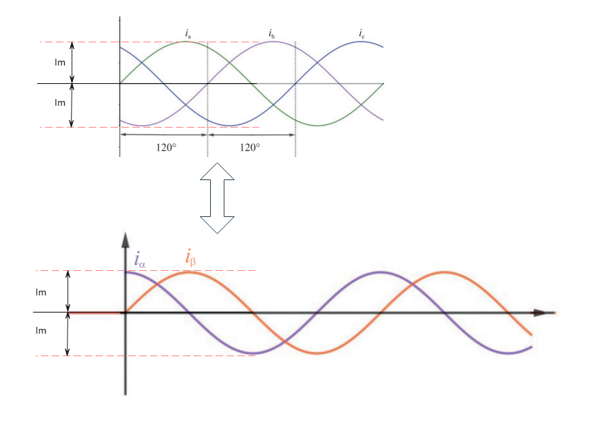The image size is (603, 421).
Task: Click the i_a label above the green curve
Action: (x=188, y=33)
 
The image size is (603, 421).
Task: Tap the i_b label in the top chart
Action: (x=271, y=33)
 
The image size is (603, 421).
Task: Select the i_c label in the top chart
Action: (x=362, y=33)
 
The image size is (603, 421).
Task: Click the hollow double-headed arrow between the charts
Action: (x=217, y=198)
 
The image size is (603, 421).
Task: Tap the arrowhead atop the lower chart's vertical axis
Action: (x=126, y=239)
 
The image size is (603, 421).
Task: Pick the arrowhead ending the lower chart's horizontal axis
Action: (x=540, y=313)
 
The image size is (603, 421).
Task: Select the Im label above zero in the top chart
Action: (x=60, y=63)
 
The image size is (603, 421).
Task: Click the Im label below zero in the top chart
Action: (x=60, y=103)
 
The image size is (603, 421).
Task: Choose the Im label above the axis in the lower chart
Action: (x=41, y=292)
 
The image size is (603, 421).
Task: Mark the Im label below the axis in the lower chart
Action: (x=41, y=331)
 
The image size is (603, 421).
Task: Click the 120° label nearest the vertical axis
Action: (x=163, y=147)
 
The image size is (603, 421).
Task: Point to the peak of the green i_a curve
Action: (x=186, y=42)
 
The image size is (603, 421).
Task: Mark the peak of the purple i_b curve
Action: (x=273, y=42)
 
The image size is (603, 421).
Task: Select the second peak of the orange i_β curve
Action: (x=444, y=272)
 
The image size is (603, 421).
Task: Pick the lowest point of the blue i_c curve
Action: (x=229, y=126)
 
